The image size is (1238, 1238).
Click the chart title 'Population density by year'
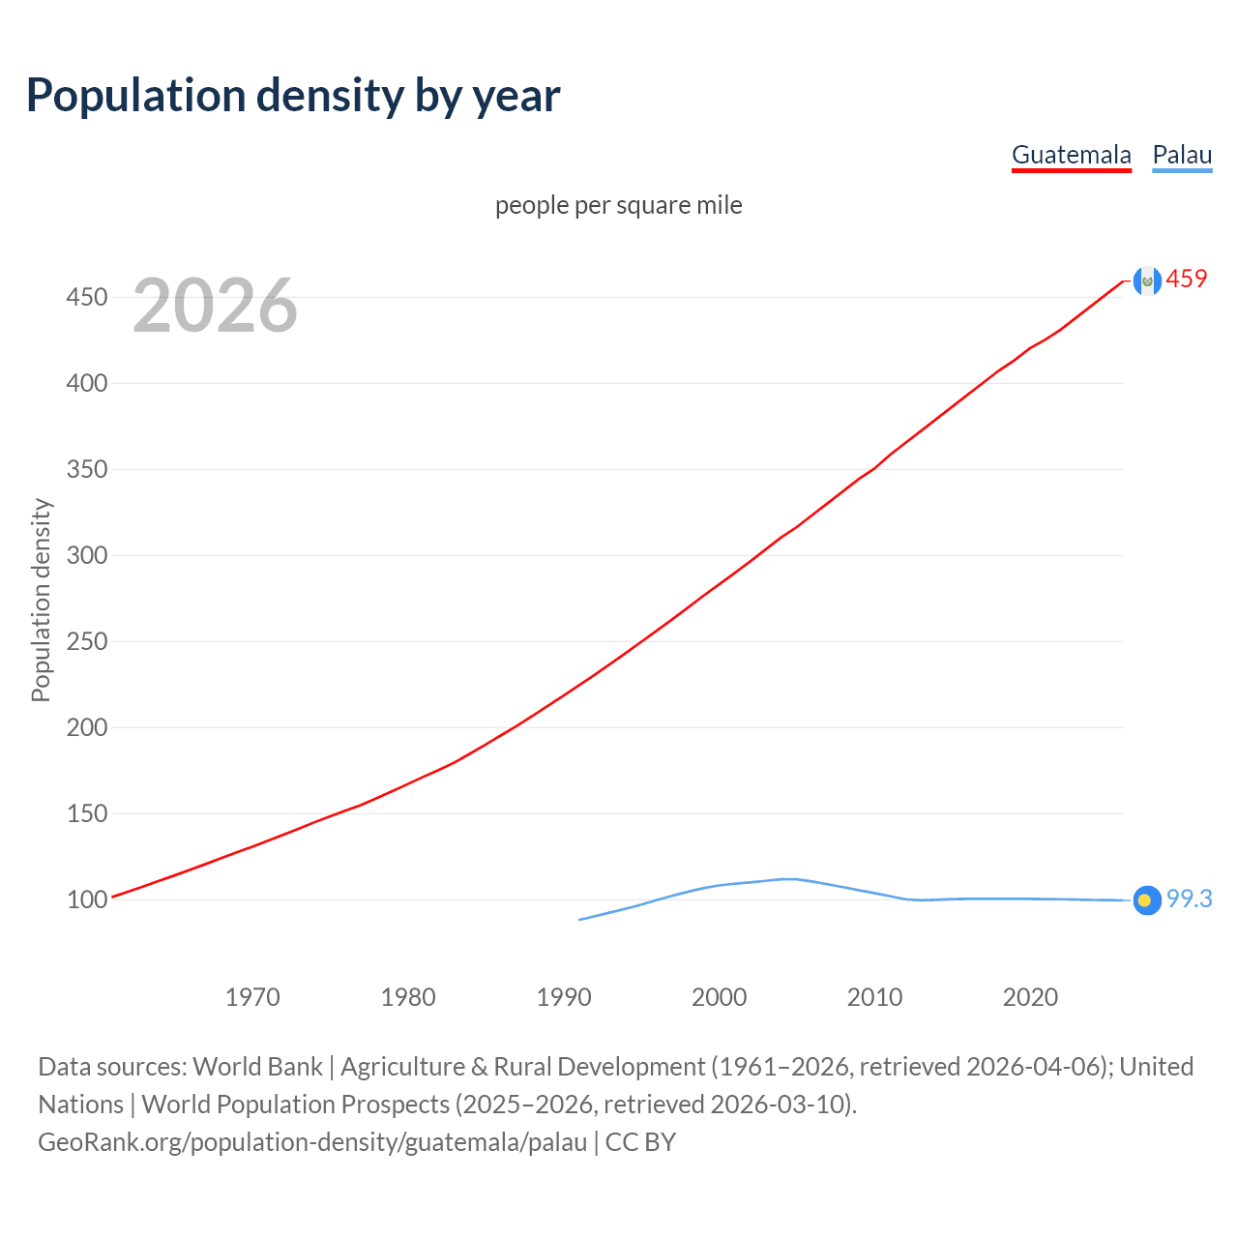[x=293, y=95]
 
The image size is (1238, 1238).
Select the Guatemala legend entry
[x=1071, y=155]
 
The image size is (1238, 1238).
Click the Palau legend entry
[x=1182, y=155]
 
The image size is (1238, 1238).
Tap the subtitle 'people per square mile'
[x=619, y=205]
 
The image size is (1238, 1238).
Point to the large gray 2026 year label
[x=215, y=306]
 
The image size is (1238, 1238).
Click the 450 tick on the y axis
[x=86, y=297]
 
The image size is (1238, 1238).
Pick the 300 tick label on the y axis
[x=86, y=555]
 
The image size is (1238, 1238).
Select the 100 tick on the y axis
[x=86, y=899]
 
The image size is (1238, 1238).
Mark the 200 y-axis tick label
[x=86, y=727]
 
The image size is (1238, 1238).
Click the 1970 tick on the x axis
[x=252, y=997]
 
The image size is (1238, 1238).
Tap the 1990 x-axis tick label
[x=564, y=997]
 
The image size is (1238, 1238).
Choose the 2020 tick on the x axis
[x=1030, y=997]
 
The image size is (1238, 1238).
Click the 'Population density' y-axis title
[x=41, y=600]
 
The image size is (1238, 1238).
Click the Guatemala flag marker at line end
[x=1147, y=280]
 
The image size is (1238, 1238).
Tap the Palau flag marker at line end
[x=1147, y=900]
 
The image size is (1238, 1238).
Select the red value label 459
[x=1187, y=279]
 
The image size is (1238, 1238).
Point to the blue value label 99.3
[x=1189, y=899]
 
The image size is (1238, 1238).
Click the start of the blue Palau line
[x=580, y=919]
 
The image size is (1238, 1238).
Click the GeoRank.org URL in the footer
[x=312, y=1142]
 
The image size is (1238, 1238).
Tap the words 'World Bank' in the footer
[x=257, y=1067]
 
